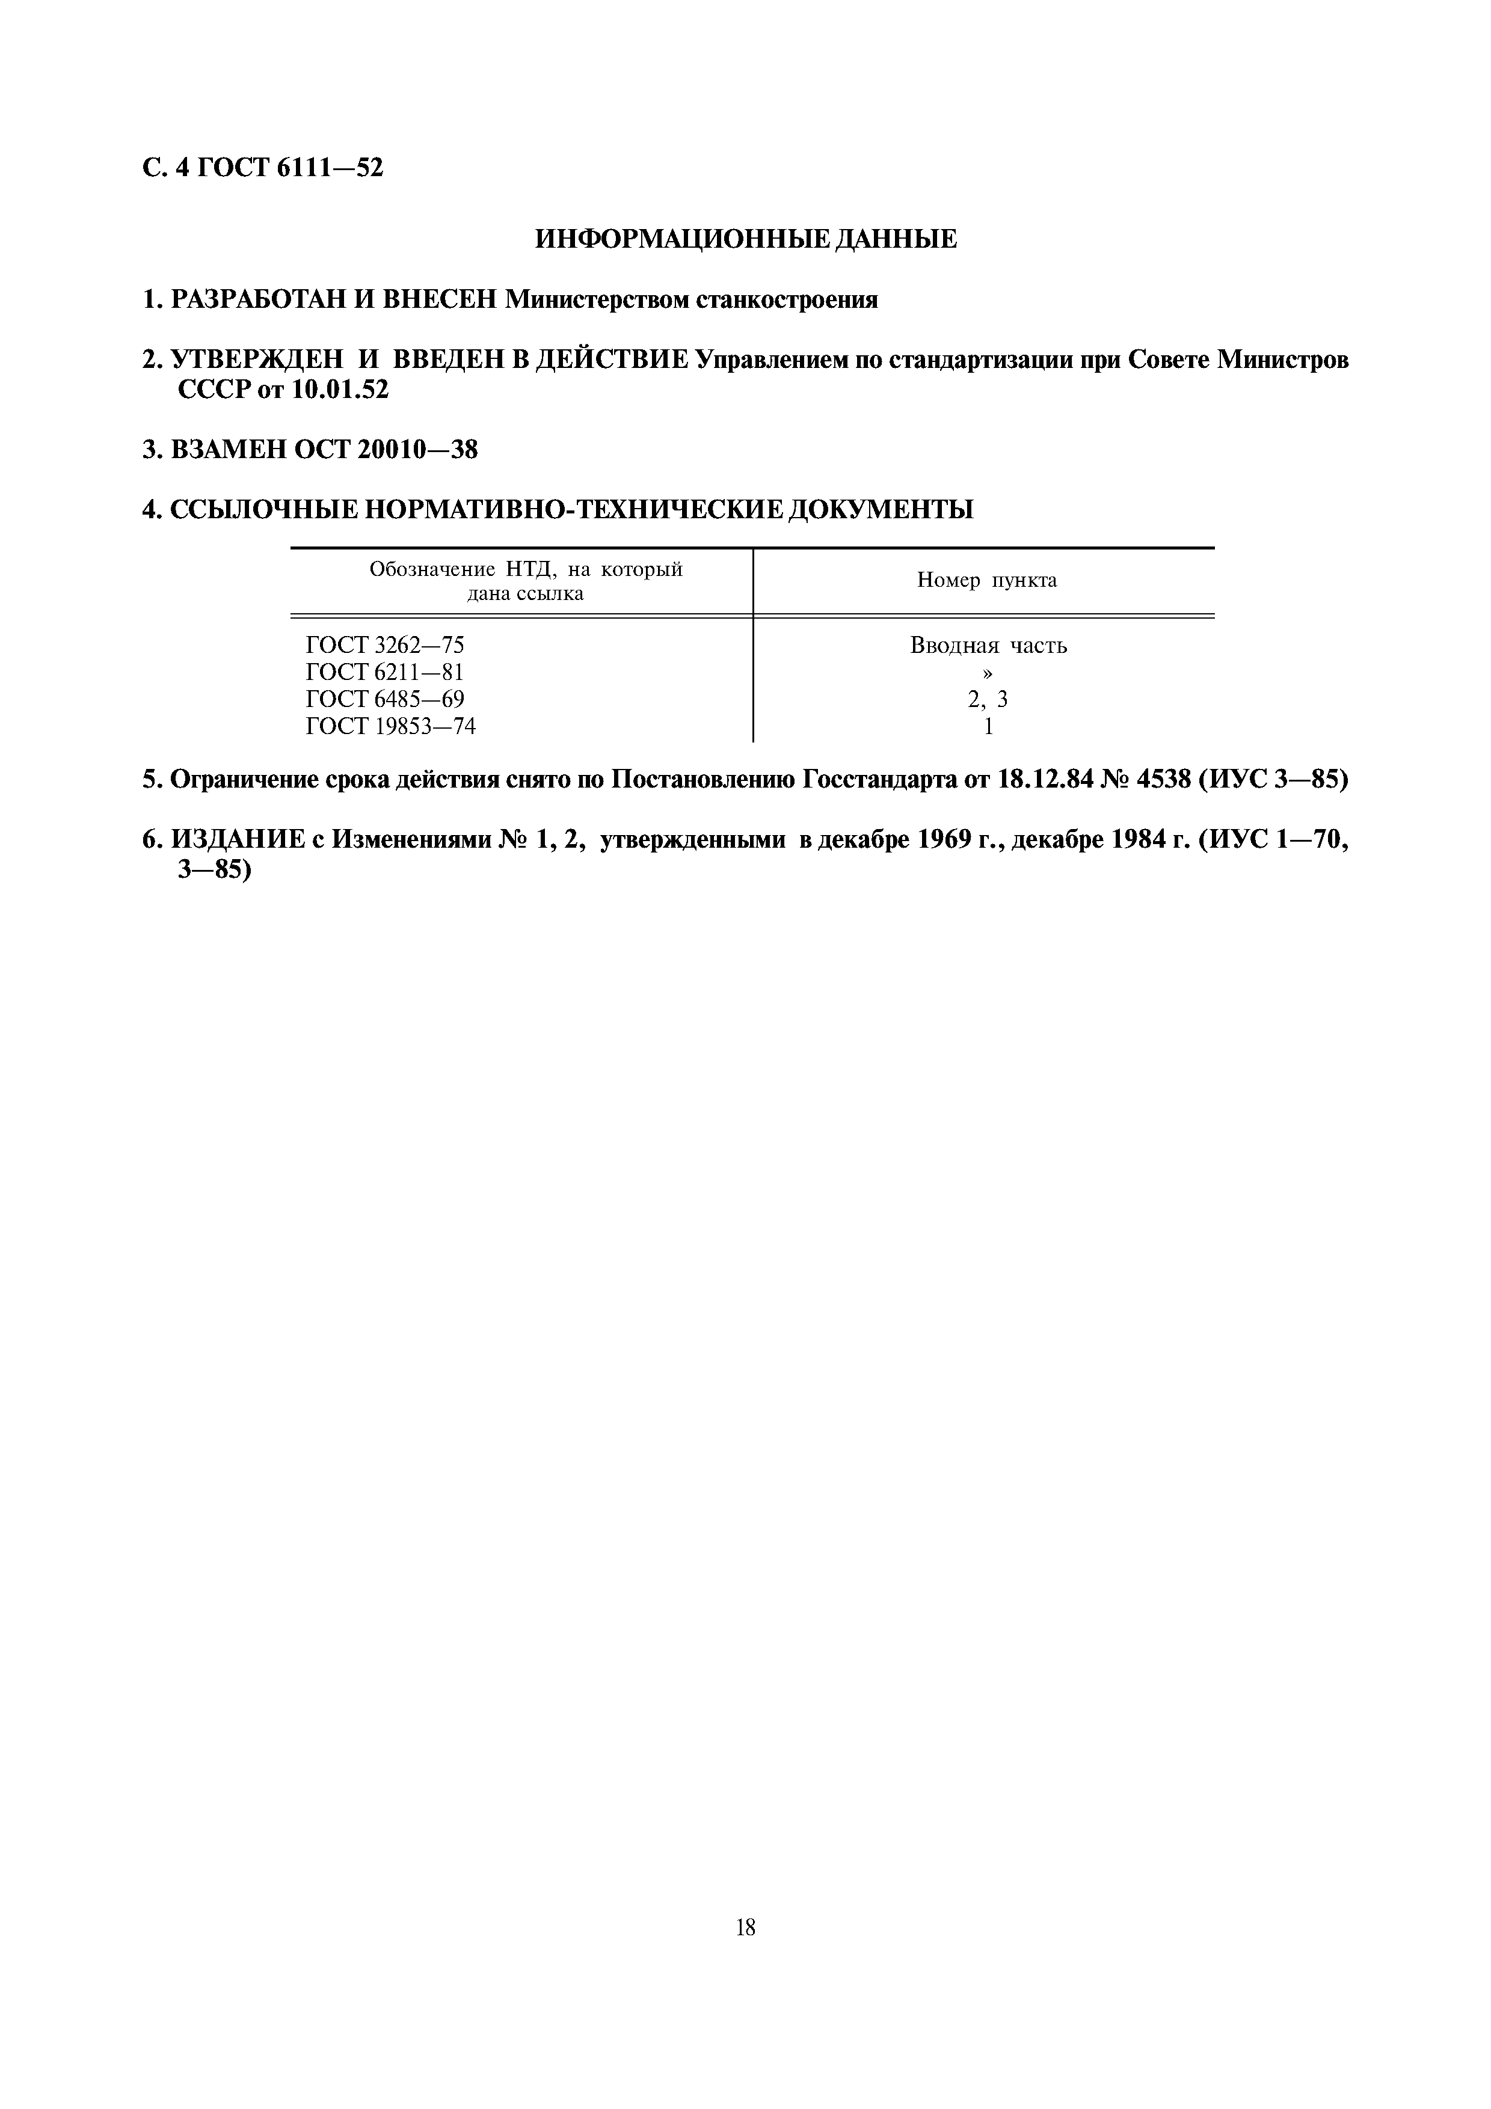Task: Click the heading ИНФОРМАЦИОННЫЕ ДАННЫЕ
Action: point(745,240)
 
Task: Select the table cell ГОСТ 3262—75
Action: point(385,645)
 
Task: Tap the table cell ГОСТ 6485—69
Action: point(385,699)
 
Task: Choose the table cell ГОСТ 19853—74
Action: point(390,727)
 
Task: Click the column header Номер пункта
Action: point(986,581)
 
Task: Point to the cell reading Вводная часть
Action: point(989,645)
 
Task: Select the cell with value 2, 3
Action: point(988,699)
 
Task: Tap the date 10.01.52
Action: point(340,390)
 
